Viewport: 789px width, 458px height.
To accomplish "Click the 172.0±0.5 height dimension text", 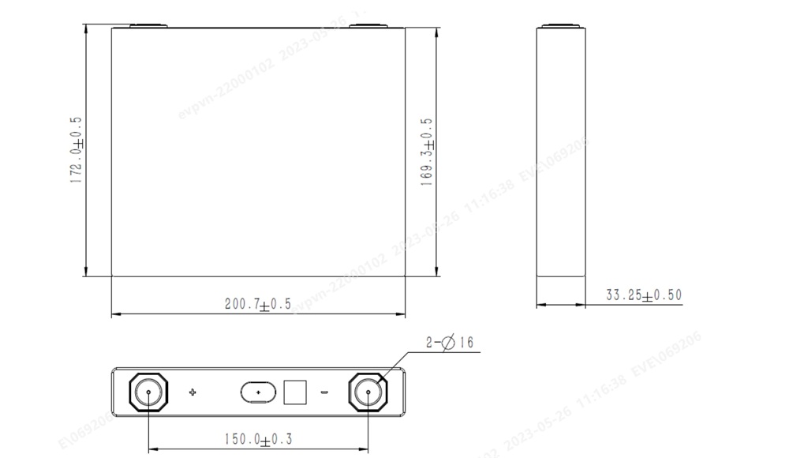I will pyautogui.click(x=77, y=150).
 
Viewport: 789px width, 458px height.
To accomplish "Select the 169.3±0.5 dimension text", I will pyautogui.click(x=427, y=152).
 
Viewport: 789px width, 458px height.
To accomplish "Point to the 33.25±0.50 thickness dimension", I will pyautogui.click(x=643, y=295).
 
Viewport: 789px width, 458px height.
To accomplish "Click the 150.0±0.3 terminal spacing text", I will pyautogui.click(x=258, y=439).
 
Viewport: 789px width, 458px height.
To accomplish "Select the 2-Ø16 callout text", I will pyautogui.click(x=450, y=343).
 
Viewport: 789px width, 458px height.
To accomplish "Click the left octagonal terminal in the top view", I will pyautogui.click(x=149, y=392).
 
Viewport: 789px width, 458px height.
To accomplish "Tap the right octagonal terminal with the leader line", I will pyautogui.click(x=368, y=392).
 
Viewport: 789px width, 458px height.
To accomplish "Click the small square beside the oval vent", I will pyautogui.click(x=294, y=392).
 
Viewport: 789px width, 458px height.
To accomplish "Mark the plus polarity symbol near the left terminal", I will pyautogui.click(x=193, y=392).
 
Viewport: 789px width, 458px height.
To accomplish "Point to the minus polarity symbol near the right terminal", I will pyautogui.click(x=323, y=392).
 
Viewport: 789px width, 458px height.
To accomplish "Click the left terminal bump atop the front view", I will pyautogui.click(x=148, y=26).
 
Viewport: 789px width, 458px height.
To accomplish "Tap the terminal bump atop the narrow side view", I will pyautogui.click(x=561, y=26).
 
